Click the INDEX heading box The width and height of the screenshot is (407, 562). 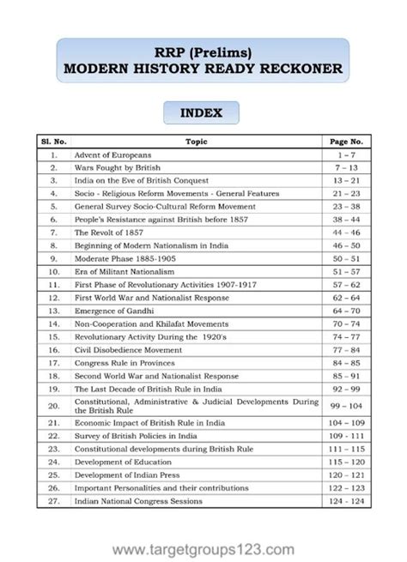pyautogui.click(x=203, y=112)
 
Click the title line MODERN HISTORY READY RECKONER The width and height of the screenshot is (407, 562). pyautogui.click(x=203, y=69)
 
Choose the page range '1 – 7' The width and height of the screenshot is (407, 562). pyautogui.click(x=346, y=154)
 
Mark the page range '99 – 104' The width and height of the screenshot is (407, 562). pyautogui.click(x=346, y=406)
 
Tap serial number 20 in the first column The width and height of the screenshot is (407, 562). pyautogui.click(x=53, y=406)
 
